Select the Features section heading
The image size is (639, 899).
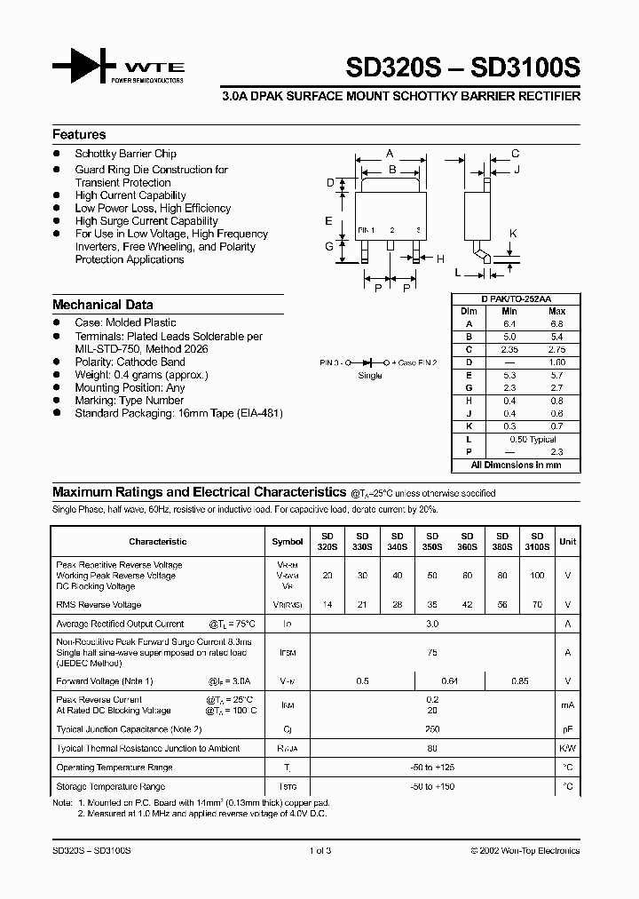click(79, 135)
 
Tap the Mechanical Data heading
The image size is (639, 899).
click(102, 305)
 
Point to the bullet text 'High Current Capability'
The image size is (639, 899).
click(130, 195)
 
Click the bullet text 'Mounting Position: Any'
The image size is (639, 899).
click(130, 388)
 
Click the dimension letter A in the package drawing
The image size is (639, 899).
click(390, 154)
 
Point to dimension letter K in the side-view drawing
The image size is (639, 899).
click(512, 234)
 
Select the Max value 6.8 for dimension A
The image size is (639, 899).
click(556, 324)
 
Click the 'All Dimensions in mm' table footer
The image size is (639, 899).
click(516, 465)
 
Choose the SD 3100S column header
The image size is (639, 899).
click(536, 542)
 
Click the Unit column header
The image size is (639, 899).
click(567, 541)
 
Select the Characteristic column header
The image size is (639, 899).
click(158, 541)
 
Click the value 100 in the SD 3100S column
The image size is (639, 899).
click(536, 576)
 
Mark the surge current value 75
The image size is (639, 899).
click(432, 652)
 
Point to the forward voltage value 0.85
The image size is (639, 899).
click(519, 681)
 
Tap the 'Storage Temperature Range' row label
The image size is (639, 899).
click(111, 786)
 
